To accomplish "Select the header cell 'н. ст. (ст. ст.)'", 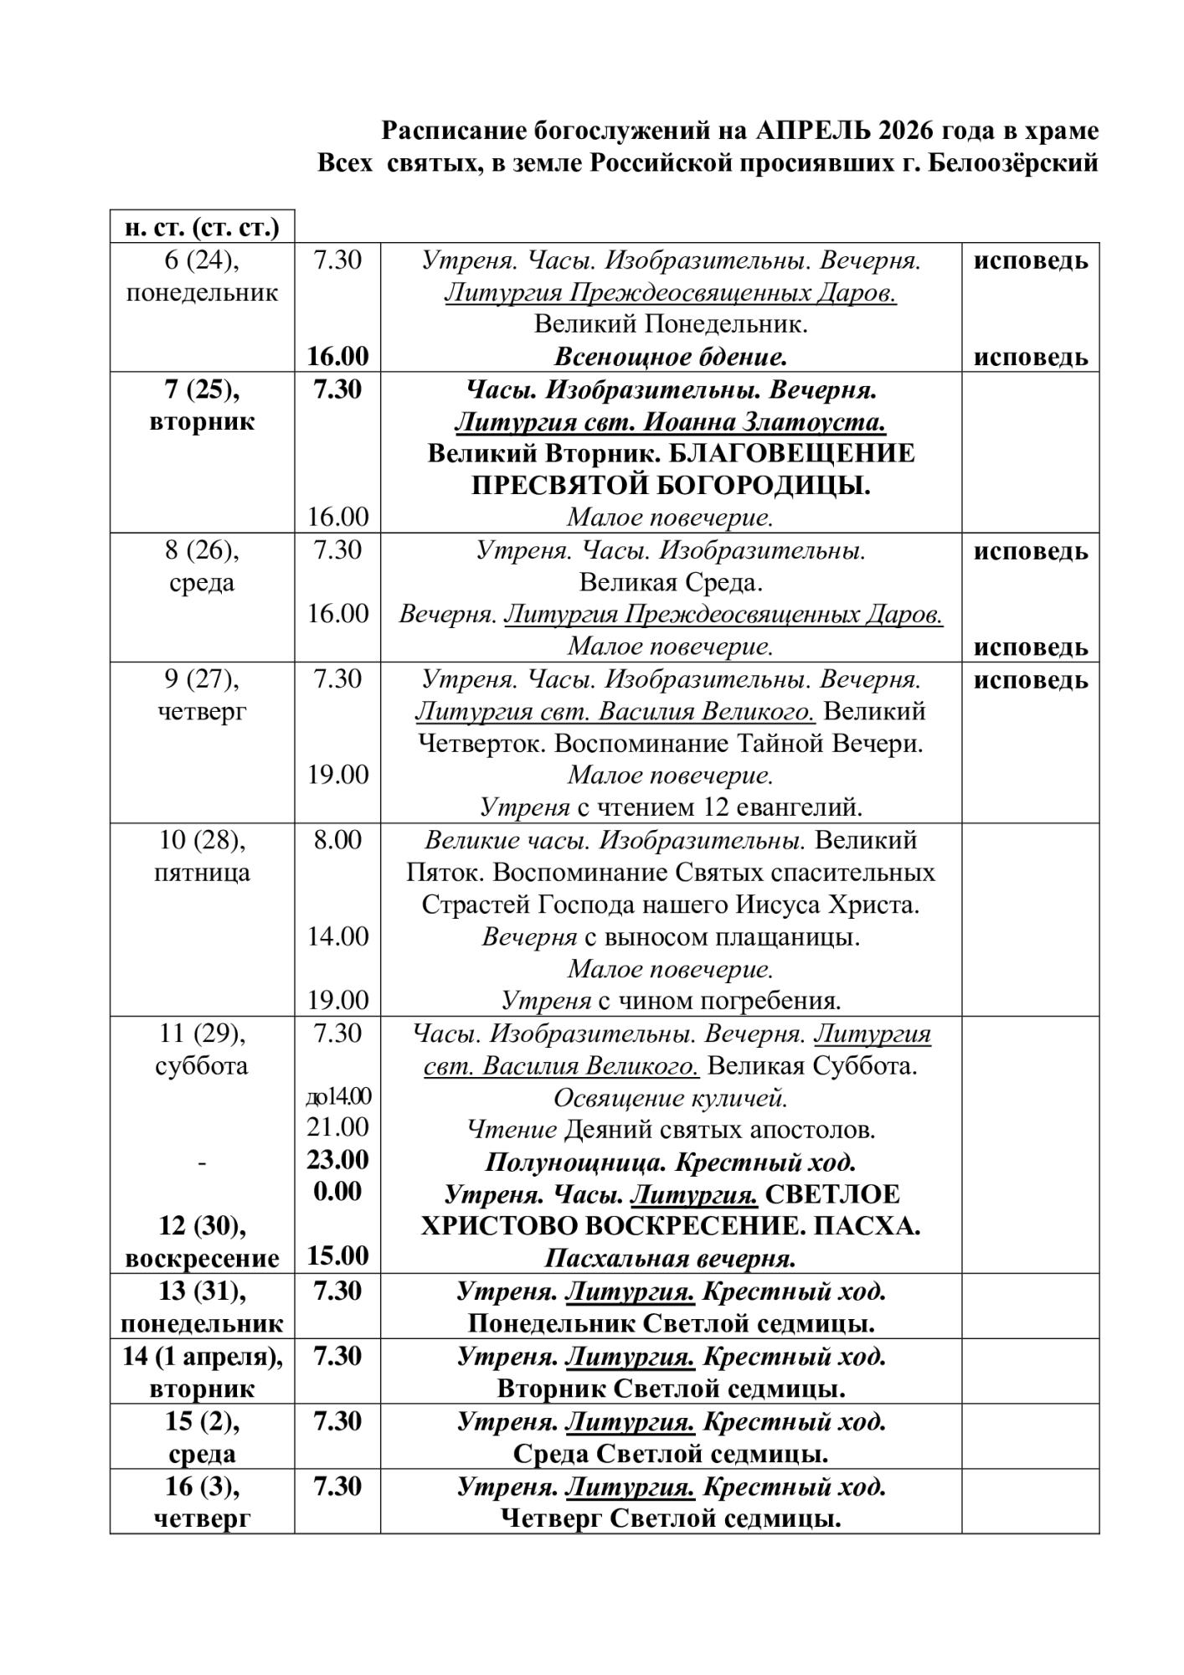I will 202,227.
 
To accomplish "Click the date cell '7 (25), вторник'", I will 202,405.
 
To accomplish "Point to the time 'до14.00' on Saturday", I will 337,1096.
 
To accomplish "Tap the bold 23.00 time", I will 337,1160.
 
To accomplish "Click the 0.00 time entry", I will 337,1192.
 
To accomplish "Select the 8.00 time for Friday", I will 337,840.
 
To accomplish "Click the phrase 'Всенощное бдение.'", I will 671,358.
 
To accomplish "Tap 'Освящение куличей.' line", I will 671,1097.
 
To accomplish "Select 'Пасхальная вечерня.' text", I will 671,1258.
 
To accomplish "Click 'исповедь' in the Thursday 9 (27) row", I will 1030,680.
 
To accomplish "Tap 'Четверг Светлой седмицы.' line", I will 671,1518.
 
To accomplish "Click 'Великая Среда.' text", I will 671,582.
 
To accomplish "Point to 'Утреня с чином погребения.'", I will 671,1000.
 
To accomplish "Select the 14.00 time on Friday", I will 337,936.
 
